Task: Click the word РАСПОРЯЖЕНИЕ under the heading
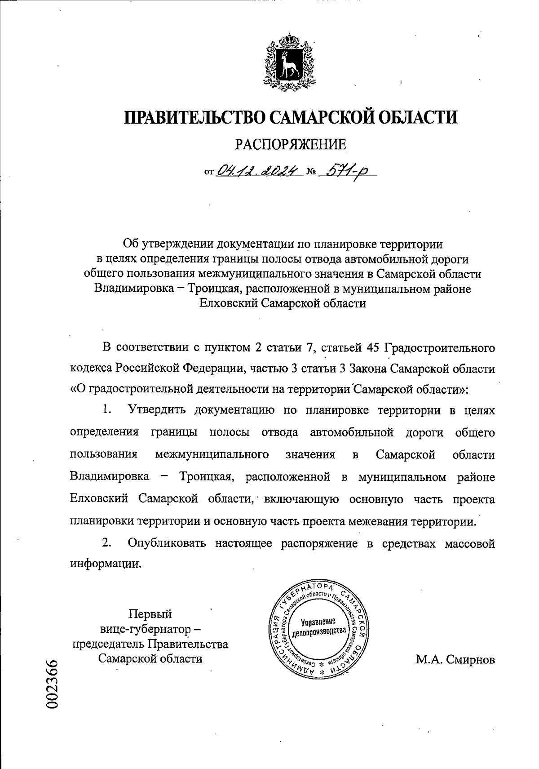coord(291,144)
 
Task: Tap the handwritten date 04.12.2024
coord(258,170)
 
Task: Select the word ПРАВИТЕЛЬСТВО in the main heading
coord(195,118)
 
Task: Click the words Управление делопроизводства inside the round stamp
coord(319,626)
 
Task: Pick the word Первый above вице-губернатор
coord(150,614)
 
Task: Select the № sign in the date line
coord(311,172)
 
